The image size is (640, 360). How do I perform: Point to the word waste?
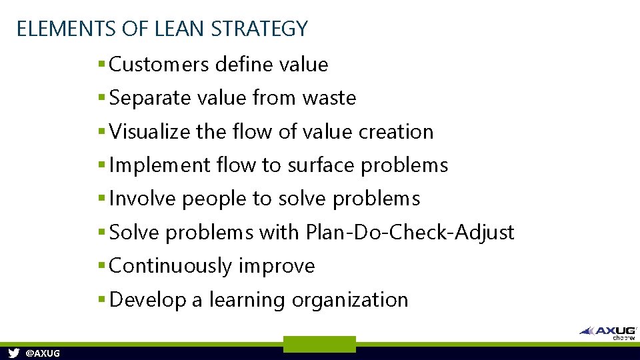pos(329,98)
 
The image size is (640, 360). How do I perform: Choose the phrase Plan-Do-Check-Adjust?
pos(410,233)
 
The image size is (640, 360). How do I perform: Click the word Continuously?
pos(171,266)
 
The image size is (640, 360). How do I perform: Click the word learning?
pos(247,300)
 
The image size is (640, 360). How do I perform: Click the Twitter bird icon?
pos(13,353)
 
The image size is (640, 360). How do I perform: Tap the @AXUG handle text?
pos(42,353)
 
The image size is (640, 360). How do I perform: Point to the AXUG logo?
pos(607,331)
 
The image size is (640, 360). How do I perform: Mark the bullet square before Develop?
pos(101,300)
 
